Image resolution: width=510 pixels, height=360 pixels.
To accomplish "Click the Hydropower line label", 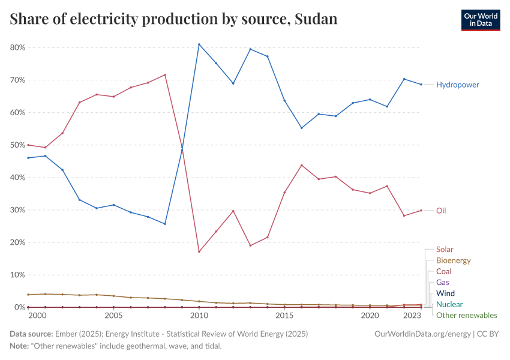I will (x=457, y=85).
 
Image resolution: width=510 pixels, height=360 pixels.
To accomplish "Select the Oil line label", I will (x=441, y=211).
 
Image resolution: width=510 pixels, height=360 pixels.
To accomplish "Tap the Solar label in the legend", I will (x=445, y=250).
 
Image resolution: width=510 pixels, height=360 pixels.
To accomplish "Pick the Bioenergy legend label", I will (x=453, y=261).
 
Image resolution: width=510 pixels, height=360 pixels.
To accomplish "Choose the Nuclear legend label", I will (x=449, y=304).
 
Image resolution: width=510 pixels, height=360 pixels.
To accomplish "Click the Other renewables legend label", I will (x=466, y=316).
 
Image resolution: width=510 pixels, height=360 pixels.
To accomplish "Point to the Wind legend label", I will (x=446, y=293).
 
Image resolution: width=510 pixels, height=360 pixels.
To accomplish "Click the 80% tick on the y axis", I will (x=17, y=47).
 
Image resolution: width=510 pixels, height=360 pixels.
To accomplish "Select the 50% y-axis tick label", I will (x=17, y=145).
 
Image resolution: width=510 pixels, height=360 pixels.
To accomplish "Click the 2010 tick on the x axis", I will (x=199, y=316).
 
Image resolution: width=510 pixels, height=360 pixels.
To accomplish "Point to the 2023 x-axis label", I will (x=412, y=316).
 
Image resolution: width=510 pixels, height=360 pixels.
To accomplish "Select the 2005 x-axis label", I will (x=113, y=316).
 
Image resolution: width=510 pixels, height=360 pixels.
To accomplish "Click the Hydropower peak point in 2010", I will (x=199, y=44).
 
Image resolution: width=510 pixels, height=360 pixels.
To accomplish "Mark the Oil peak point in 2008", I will (x=164, y=74).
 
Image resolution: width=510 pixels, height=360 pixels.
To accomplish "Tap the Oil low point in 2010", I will (x=199, y=251).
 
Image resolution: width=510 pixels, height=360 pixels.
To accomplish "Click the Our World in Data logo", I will (x=480, y=20).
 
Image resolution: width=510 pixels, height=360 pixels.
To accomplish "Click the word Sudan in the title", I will (x=316, y=19).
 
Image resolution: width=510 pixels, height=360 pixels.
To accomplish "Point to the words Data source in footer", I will (x=31, y=334).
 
